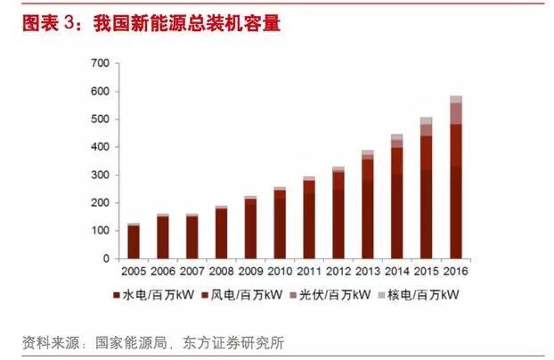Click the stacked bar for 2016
[455, 178]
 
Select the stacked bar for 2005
[134, 241]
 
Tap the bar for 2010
[280, 224]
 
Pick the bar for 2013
[368, 205]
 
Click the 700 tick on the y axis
[99, 63]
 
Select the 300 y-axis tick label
[99, 175]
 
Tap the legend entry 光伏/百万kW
[329, 294]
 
